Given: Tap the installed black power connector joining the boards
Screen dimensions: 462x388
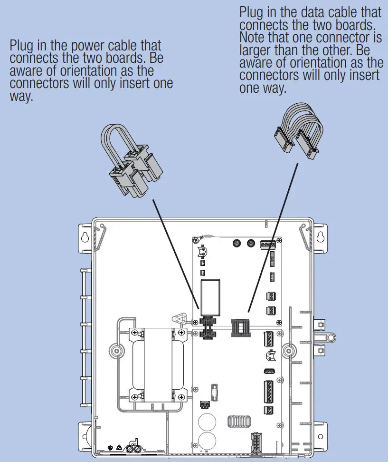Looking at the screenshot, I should (x=207, y=328).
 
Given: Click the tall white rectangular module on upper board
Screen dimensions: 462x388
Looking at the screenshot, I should (x=210, y=297).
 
